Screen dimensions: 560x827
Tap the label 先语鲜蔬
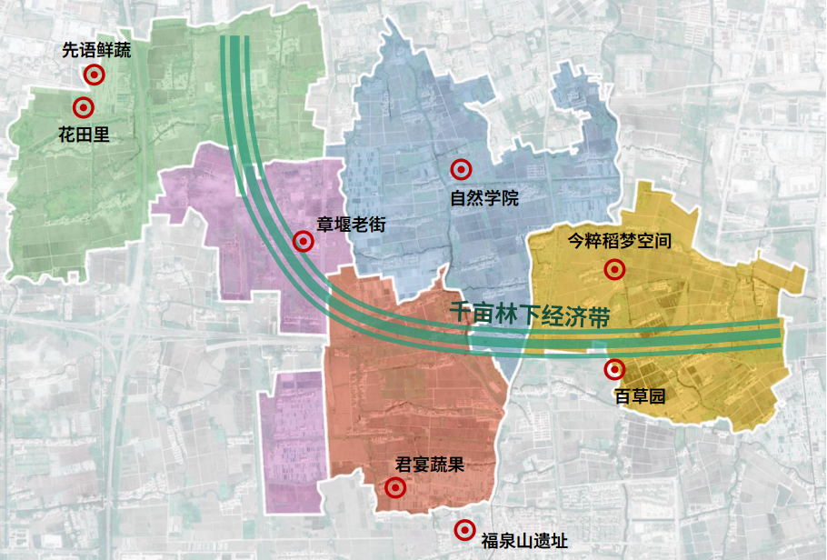[x=96, y=52]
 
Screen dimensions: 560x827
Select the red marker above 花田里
[x=84, y=107]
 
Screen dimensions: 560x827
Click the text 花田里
[x=84, y=135]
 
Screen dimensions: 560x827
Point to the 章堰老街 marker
[x=303, y=242]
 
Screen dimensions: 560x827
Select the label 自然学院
[x=484, y=197]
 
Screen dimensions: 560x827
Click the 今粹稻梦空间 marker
[x=614, y=269]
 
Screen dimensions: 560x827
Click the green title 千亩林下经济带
[x=528, y=315]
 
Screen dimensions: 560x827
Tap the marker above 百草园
[x=614, y=369]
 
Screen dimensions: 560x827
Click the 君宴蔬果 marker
[x=395, y=488]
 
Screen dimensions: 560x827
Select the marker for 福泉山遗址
[x=464, y=529]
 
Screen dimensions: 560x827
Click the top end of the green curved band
[x=235, y=41]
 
